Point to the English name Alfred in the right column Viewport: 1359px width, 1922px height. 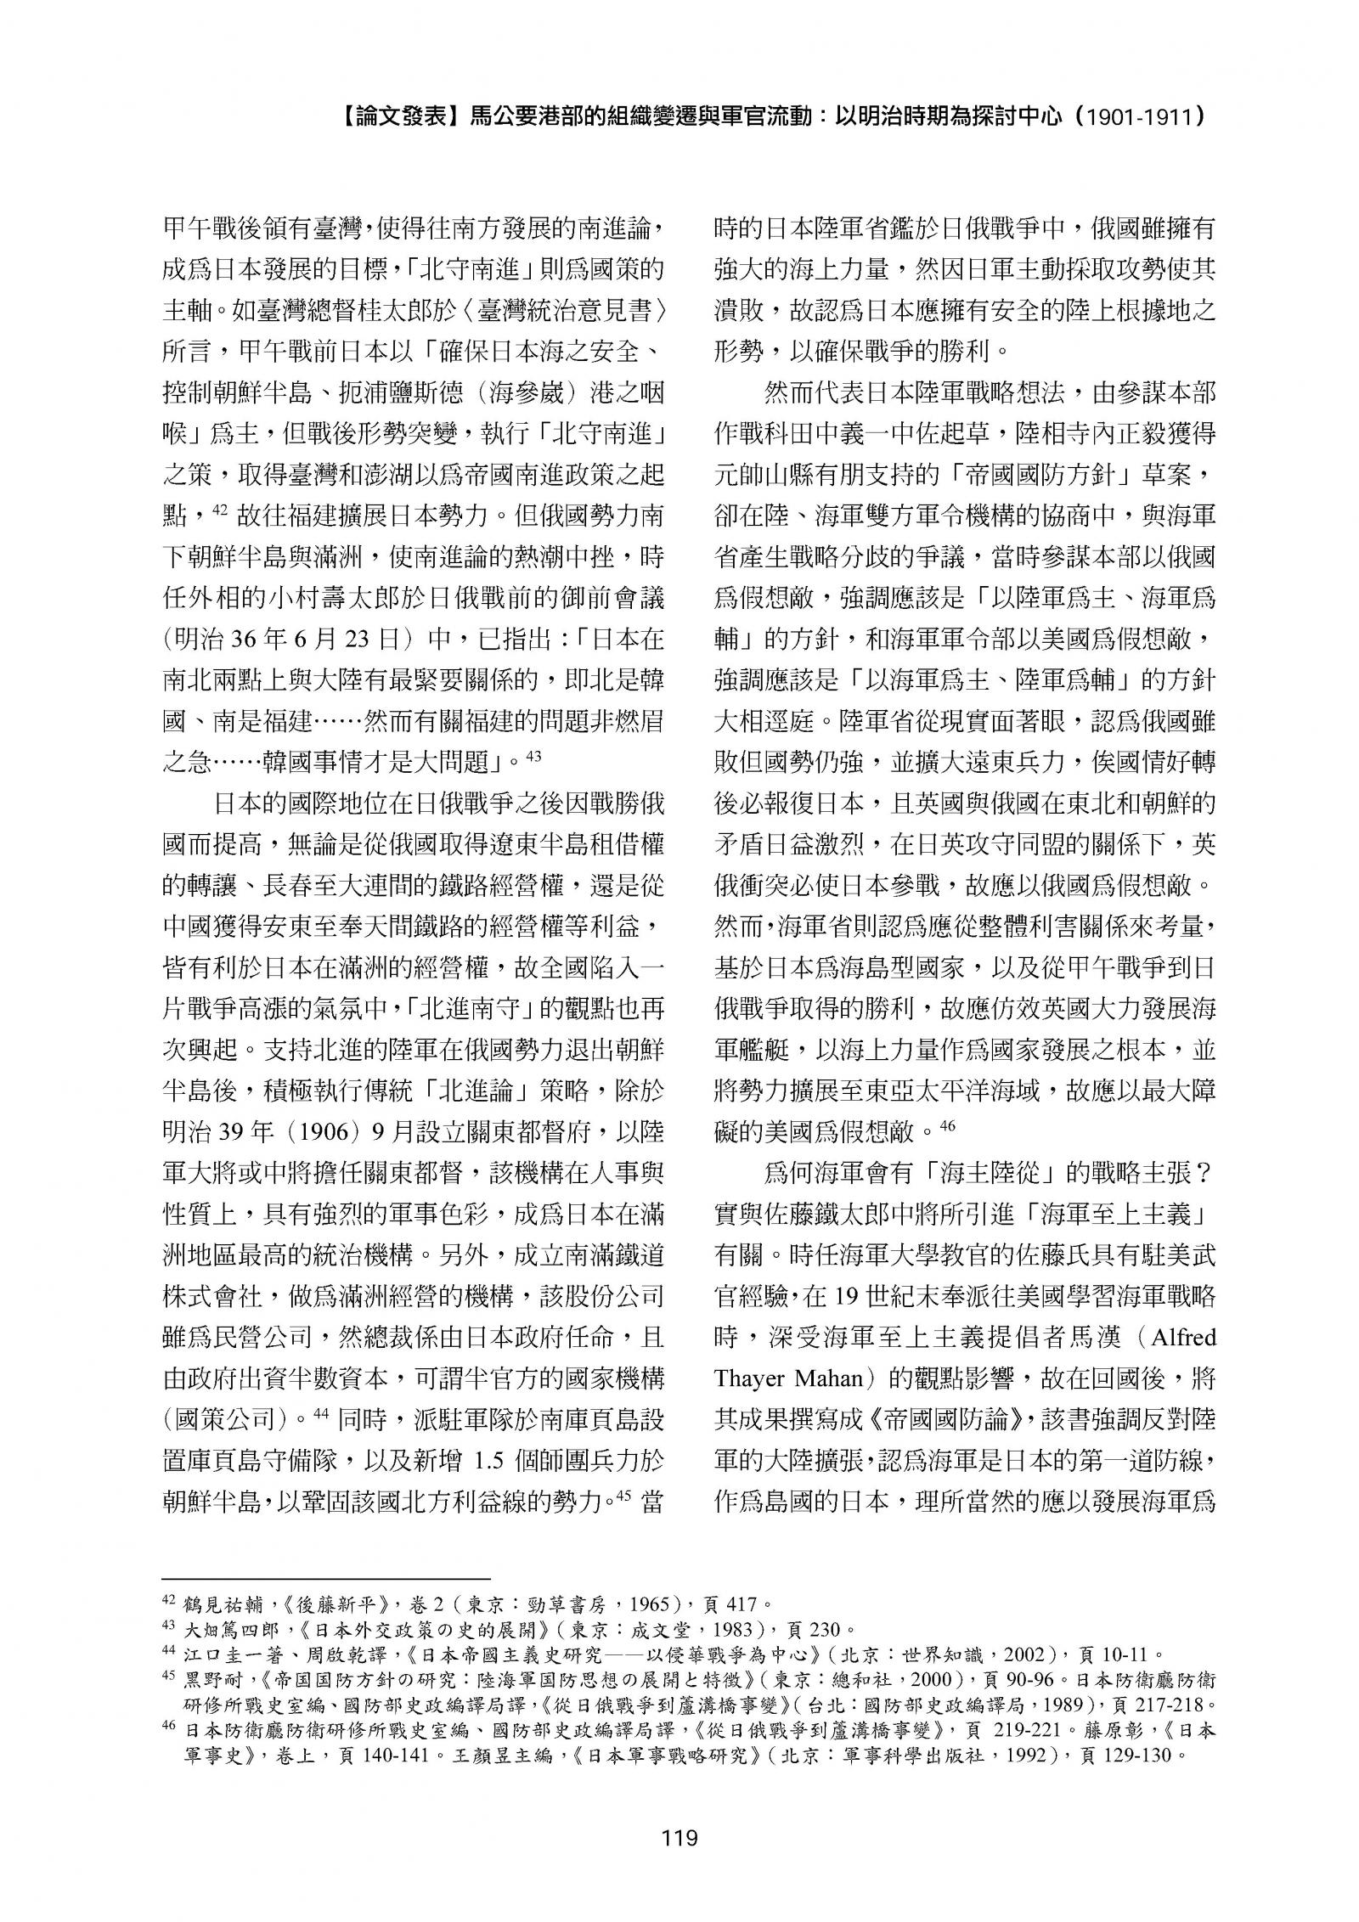coord(1181,1338)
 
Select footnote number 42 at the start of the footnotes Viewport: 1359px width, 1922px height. coord(168,1601)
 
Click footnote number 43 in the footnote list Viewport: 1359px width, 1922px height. coord(168,1627)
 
